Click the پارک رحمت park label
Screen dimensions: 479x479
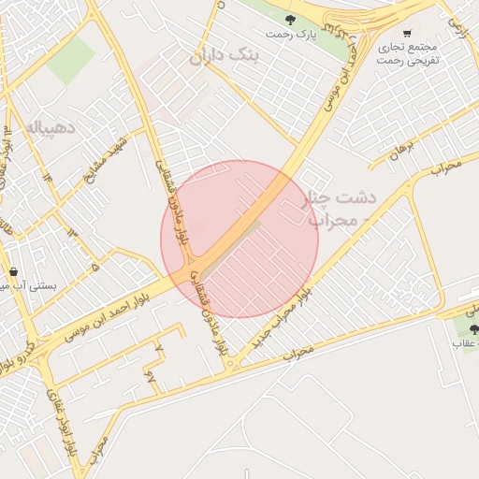click(290, 35)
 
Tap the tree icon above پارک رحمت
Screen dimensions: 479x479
click(290, 19)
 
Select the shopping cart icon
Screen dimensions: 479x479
click(407, 33)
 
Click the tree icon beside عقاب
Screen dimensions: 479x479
click(473, 328)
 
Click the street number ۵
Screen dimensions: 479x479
click(95, 267)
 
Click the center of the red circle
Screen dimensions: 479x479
click(239, 239)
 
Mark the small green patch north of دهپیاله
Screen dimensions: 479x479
click(70, 58)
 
